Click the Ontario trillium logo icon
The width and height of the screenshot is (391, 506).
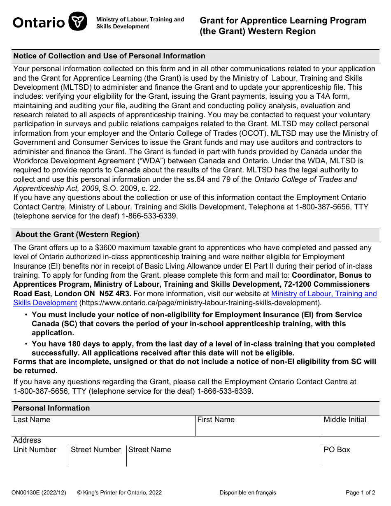click(x=78, y=22)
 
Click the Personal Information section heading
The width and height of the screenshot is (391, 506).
click(x=51, y=408)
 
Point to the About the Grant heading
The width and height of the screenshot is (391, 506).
click(x=77, y=234)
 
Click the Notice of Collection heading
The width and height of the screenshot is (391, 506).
click(x=109, y=56)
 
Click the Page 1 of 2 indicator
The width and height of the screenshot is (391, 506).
click(x=360, y=492)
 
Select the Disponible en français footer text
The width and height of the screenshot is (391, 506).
click(x=247, y=492)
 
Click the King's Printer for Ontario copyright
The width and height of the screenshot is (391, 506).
click(x=119, y=492)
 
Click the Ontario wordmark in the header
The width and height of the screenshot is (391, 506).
click(x=39, y=22)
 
